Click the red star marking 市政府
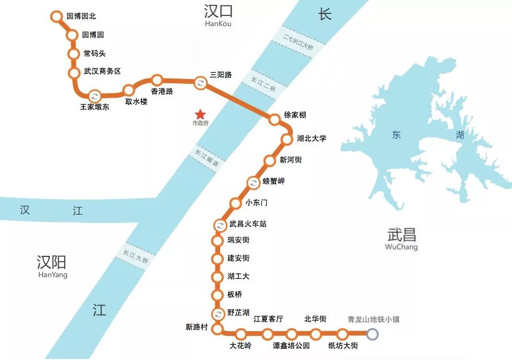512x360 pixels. tap(200, 114)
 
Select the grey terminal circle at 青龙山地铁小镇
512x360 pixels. tap(373, 334)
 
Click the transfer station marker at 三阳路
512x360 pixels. tap(200, 82)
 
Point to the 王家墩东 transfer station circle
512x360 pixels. tap(95, 96)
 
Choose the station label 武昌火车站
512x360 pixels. tap(247, 224)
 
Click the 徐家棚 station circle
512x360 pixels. tap(274, 120)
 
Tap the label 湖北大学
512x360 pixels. tap(311, 138)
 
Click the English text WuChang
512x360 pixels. tap(401, 247)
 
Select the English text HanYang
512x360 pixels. tap(53, 275)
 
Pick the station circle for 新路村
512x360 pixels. tap(217, 328)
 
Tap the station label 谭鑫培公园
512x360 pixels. tap(291, 346)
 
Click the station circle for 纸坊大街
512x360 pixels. tap(341, 334)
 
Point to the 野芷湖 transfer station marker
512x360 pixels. tap(218, 313)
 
